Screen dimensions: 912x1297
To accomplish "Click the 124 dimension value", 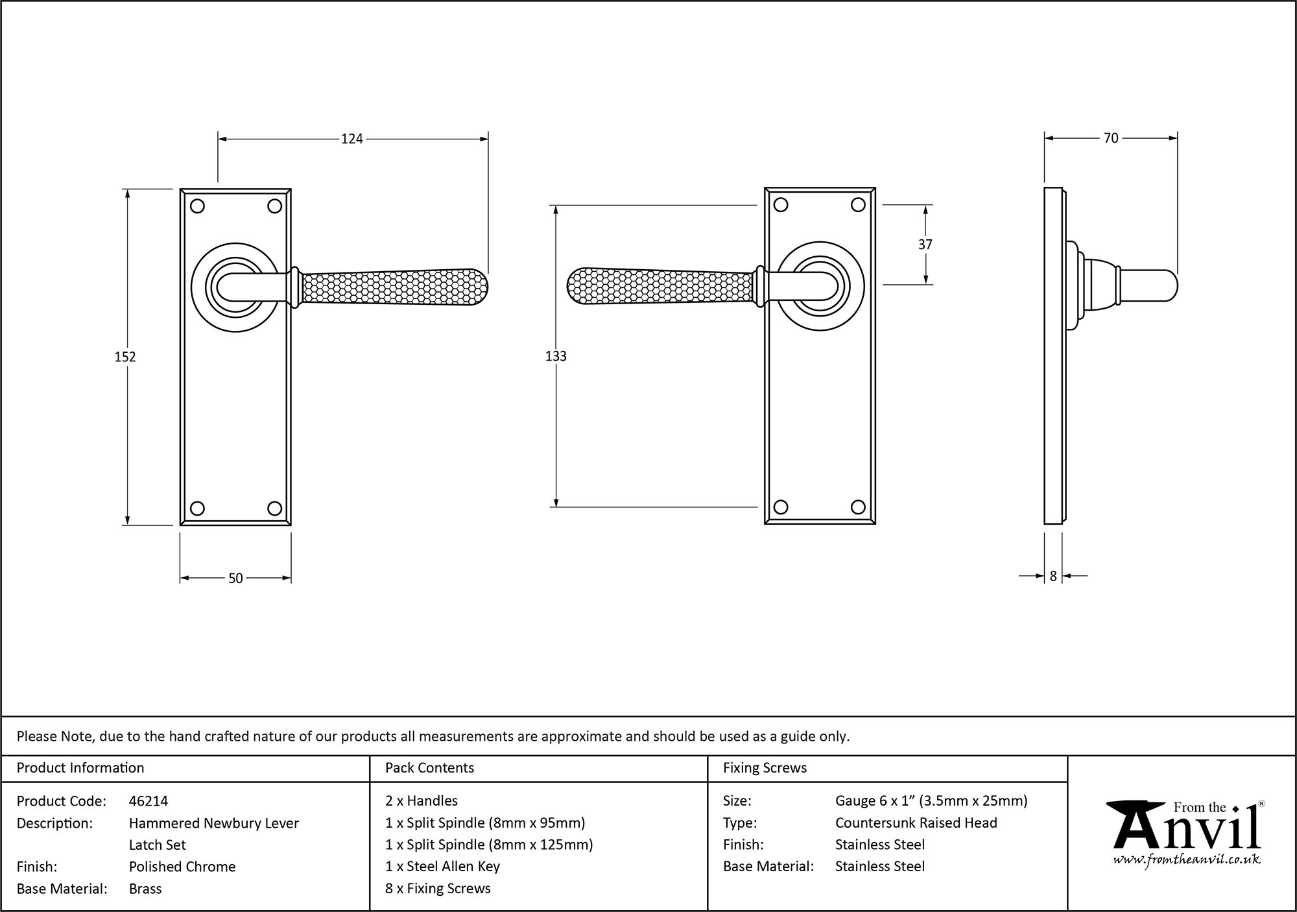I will pos(352,139).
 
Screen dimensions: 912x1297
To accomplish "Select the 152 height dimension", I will pos(125,357).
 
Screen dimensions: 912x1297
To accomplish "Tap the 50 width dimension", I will pos(235,578).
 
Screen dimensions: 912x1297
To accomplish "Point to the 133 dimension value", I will pos(556,356).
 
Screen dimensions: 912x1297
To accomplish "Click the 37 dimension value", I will pos(925,245).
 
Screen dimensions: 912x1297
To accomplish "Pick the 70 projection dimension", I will pos(1111,138).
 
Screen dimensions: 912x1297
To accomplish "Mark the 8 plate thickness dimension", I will pos(1053,576).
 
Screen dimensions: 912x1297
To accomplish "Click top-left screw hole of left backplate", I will pos(198,206).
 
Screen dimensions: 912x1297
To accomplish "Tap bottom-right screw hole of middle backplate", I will pos(858,507).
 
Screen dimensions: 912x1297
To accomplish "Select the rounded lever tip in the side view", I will pos(1167,286).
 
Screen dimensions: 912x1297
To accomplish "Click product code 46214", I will pos(149,801).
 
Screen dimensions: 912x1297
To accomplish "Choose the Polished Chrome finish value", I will pos(182,867).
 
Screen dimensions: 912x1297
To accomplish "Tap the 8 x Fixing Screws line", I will pos(438,888).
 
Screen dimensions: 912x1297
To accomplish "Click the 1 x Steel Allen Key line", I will pos(442,866).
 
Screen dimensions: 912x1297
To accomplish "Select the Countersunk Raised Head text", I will pos(916,822).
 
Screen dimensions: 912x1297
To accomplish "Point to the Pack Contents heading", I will pos(429,768).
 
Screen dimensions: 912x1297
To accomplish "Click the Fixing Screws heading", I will pos(765,768).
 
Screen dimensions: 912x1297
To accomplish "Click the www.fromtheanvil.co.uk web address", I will pos(1187,860).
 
